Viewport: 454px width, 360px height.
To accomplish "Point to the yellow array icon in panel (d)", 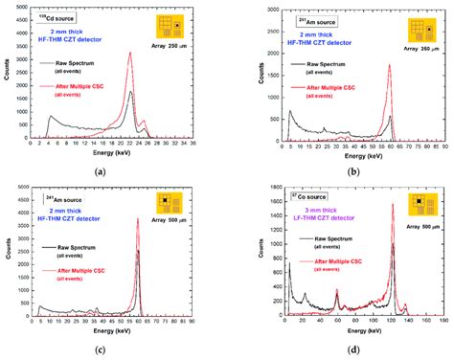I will [x=420, y=203].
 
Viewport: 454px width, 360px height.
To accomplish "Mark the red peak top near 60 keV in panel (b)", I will [x=390, y=65].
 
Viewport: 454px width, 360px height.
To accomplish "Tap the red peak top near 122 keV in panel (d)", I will [x=394, y=204].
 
